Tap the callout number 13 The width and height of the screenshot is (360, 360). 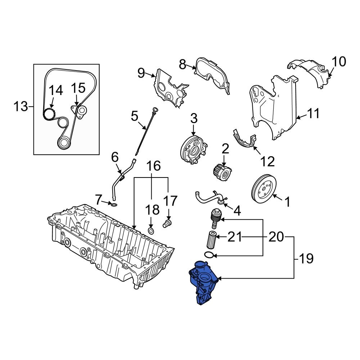click(x=21, y=107)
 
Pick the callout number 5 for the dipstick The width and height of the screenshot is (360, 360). click(x=134, y=116)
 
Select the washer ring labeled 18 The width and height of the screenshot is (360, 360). click(x=151, y=230)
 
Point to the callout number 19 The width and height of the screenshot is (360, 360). click(x=306, y=258)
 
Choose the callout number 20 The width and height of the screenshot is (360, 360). click(x=276, y=237)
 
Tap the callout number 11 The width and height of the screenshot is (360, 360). click(x=312, y=114)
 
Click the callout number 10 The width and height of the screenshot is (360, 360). click(x=338, y=62)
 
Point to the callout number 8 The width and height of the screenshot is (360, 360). click(x=183, y=64)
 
